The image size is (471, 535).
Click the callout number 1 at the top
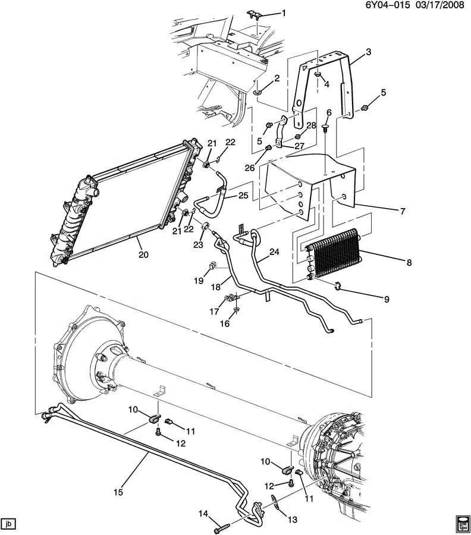tap(284, 13)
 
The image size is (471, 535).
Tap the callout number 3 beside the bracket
tap(368, 52)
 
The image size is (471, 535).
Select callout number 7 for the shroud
tap(403, 211)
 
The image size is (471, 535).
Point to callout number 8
tap(409, 262)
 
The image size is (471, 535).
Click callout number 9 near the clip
tap(387, 299)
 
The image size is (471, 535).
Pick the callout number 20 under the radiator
tap(144, 254)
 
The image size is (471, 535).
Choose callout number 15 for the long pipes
tap(118, 492)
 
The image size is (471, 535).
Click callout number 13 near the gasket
tap(293, 520)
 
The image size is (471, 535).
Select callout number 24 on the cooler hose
tap(274, 252)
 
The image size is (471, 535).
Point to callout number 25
tap(243, 196)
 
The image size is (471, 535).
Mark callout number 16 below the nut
tap(225, 323)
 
